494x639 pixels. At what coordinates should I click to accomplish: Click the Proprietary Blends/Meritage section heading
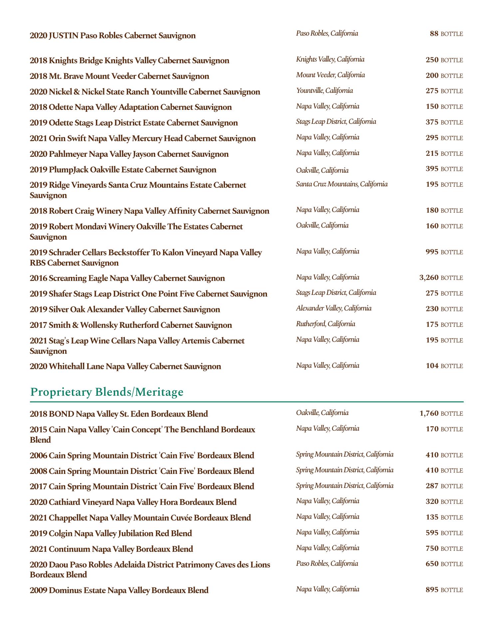coord(107,392)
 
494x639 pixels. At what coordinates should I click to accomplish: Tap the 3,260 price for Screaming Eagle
coord(429,278)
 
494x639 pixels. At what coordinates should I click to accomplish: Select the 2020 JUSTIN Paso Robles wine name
coord(113,36)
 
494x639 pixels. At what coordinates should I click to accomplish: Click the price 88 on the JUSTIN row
coord(434,34)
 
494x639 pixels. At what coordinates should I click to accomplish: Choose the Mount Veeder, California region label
coord(330,75)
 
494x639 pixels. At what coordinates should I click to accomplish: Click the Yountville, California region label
coord(324,91)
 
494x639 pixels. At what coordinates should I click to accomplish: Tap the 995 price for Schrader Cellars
coord(432,252)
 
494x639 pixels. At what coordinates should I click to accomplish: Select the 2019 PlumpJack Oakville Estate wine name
coord(123,170)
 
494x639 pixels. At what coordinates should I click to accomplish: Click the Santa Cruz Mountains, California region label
coord(342,184)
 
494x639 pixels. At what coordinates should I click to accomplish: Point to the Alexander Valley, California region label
coord(334,308)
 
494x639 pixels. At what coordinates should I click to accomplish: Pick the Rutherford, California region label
coord(325,324)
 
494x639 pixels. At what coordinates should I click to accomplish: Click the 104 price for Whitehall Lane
coord(432,366)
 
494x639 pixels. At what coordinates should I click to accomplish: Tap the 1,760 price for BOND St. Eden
coord(429,413)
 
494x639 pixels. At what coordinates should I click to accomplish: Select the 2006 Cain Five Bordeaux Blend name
coord(142,455)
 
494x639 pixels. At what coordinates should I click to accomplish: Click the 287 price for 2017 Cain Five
coord(432,486)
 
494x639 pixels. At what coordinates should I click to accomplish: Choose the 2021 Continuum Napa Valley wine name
coord(111,549)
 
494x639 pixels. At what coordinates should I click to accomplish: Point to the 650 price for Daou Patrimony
coord(432,564)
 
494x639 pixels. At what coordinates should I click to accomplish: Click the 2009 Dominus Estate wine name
coord(119,590)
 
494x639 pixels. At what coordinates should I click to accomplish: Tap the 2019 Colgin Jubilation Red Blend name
coord(111,533)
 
